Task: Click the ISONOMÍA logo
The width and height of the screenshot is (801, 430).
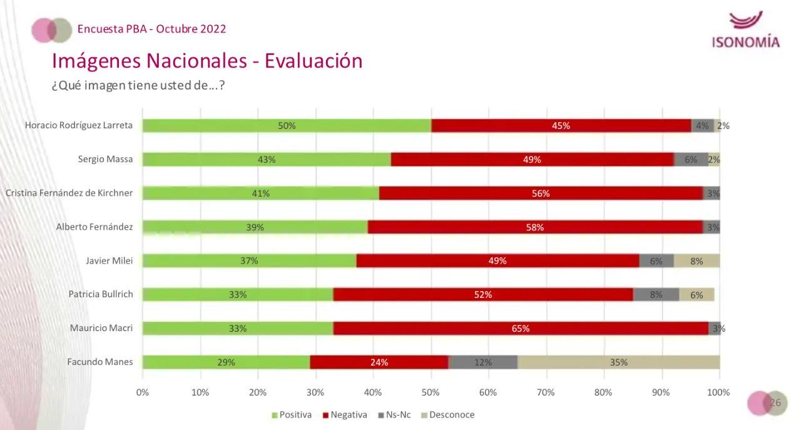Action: click(x=745, y=30)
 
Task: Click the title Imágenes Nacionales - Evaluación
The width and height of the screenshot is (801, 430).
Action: click(x=207, y=61)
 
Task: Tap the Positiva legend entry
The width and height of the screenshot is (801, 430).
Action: click(x=291, y=414)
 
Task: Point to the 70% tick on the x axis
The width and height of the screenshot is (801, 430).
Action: click(x=545, y=392)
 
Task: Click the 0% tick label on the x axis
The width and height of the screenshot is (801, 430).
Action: click(x=143, y=392)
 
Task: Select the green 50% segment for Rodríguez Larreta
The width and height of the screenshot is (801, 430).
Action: click(x=287, y=125)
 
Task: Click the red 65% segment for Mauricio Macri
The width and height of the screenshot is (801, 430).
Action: click(x=521, y=328)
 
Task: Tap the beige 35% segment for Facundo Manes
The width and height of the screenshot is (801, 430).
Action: click(x=618, y=362)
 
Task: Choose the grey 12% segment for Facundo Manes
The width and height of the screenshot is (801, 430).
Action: click(x=482, y=362)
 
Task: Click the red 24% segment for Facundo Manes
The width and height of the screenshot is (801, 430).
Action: click(x=379, y=362)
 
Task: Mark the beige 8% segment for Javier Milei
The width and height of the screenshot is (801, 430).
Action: click(x=696, y=260)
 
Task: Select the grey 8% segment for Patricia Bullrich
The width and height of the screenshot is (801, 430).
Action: click(x=656, y=294)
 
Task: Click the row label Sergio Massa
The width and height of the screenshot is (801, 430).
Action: click(x=105, y=159)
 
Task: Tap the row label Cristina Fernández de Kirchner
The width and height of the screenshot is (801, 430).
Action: click(x=69, y=193)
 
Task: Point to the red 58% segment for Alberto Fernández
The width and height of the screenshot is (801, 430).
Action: click(x=535, y=227)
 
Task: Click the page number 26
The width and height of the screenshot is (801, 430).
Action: click(x=775, y=402)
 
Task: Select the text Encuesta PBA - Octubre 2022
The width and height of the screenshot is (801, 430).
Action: click(x=151, y=29)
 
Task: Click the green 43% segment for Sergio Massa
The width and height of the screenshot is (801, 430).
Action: click(x=267, y=159)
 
